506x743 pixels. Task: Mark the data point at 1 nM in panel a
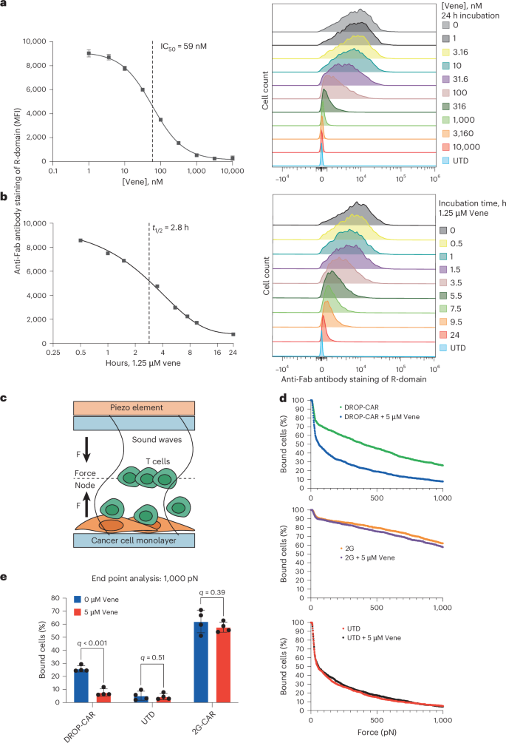[89, 52]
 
